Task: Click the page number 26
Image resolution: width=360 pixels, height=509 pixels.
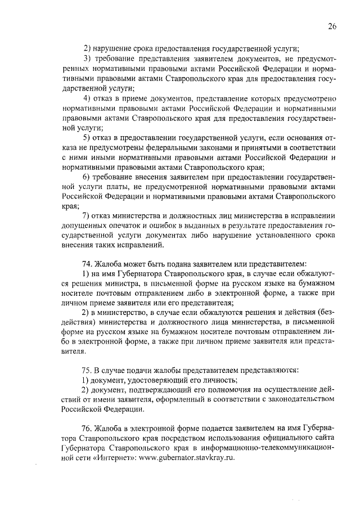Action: (332, 26)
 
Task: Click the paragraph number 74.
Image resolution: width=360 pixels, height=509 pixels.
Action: (87, 263)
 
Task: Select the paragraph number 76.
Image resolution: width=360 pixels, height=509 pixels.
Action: (87, 429)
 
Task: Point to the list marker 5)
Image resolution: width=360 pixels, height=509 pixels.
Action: (88, 137)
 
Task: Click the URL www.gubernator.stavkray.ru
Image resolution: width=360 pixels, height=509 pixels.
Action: (189, 458)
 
